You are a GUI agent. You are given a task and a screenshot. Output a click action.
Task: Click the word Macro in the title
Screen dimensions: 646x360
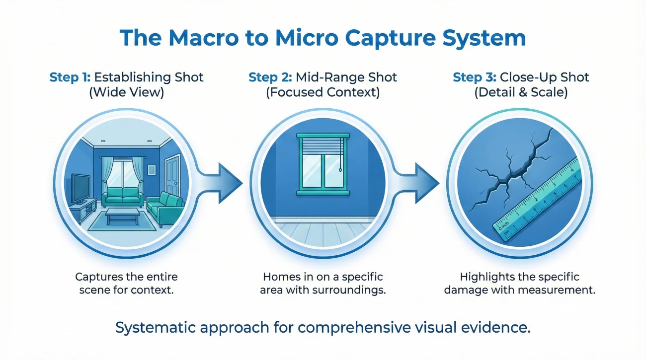click(x=204, y=38)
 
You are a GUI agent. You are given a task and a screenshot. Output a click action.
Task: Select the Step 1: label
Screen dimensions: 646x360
click(x=70, y=77)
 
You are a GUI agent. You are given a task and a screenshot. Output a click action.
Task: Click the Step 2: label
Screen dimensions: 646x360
click(x=270, y=77)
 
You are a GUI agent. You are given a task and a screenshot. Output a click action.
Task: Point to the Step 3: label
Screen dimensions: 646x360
click(x=475, y=77)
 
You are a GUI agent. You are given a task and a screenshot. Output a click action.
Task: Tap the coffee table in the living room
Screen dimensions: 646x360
click(x=123, y=216)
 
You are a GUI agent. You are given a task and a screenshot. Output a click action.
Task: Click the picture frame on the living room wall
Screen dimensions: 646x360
click(x=152, y=170)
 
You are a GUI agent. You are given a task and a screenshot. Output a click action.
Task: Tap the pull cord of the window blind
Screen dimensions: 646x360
click(x=340, y=155)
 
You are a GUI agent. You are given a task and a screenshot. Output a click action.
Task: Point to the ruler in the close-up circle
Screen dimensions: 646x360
click(x=537, y=199)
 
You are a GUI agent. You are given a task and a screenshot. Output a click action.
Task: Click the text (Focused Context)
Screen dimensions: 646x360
click(x=323, y=92)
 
